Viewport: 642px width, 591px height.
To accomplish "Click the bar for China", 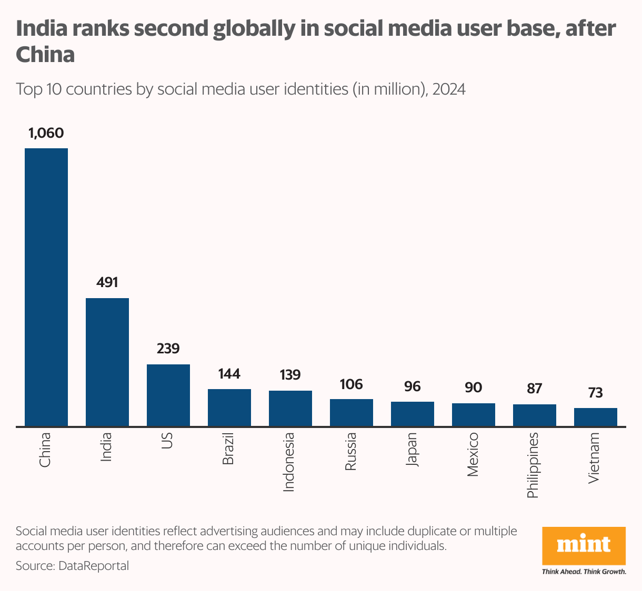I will [x=46, y=287].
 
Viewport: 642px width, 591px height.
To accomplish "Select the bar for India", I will [x=107, y=362].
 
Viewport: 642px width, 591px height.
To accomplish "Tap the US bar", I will [x=168, y=395].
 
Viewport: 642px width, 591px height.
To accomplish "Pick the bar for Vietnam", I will [x=596, y=416].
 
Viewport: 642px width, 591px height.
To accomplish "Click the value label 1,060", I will [x=46, y=133].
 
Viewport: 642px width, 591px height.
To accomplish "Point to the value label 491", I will [x=107, y=282].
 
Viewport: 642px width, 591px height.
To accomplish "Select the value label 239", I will [x=168, y=349].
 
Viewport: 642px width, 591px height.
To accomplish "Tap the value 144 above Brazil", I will [x=229, y=374].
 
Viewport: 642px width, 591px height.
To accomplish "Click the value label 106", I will [x=352, y=384].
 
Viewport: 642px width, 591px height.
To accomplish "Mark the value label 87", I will [x=535, y=389].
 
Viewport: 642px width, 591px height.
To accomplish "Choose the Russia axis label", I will [x=350, y=451].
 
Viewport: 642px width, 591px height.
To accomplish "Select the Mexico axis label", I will [x=473, y=454].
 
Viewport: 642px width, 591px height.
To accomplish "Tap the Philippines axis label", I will [x=533, y=465].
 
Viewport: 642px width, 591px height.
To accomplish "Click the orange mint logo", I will [x=584, y=545].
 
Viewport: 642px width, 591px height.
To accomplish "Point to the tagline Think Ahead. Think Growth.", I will [x=584, y=572].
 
